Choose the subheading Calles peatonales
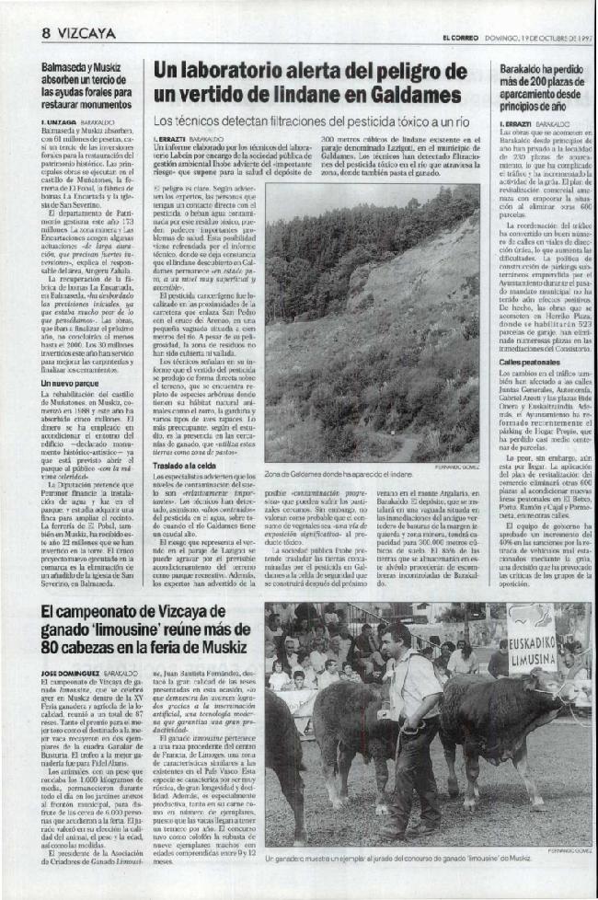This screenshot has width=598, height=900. click(529, 363)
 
